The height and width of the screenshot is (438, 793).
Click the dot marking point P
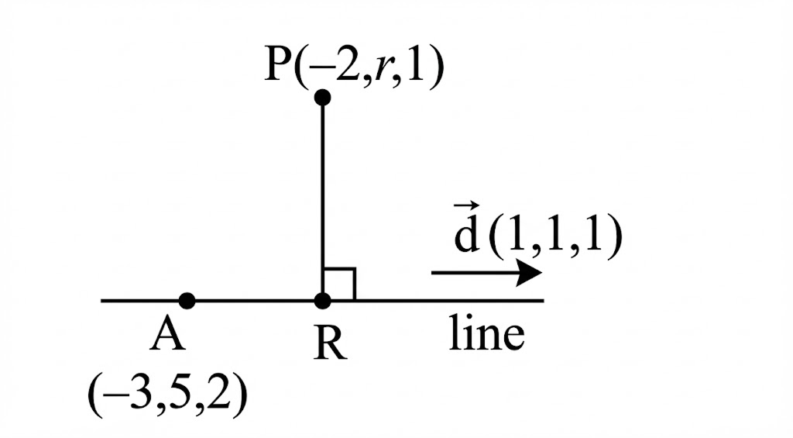coord(323,98)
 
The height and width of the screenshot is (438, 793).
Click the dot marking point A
coord(187,301)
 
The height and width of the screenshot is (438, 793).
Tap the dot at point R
coord(323,301)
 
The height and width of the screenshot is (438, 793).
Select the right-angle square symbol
coord(340,285)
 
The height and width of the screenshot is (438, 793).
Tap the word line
coord(487,335)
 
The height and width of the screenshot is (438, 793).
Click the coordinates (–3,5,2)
coord(168,395)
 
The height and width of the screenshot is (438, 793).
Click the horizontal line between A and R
coord(256,301)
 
